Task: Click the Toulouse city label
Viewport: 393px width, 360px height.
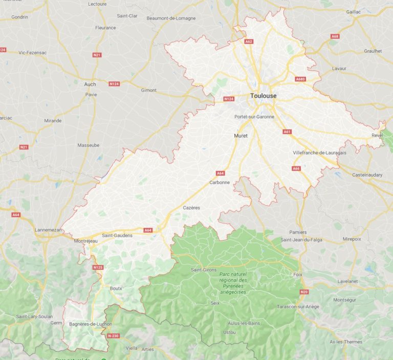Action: (264, 96)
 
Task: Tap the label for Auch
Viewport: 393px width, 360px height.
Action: (90, 84)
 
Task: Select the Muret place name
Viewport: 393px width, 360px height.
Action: (241, 136)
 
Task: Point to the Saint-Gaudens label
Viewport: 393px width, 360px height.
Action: (117, 235)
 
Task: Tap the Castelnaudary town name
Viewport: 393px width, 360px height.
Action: (367, 175)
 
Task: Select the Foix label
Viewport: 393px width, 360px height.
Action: (298, 274)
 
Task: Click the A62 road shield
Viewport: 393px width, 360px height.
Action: (249, 41)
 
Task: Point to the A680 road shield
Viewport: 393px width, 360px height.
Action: (300, 79)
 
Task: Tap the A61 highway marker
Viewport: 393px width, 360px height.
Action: (287, 132)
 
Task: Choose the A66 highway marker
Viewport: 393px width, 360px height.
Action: (296, 168)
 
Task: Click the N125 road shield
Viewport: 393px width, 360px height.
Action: (98, 267)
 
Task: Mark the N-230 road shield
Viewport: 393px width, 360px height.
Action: (114, 336)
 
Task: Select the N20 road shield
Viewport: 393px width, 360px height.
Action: (304, 292)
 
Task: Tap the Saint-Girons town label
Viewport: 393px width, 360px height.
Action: (203, 269)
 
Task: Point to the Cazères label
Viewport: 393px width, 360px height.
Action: (191, 207)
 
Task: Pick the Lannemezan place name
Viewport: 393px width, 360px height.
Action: (49, 230)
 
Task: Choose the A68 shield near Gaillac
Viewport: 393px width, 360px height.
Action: (335, 36)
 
